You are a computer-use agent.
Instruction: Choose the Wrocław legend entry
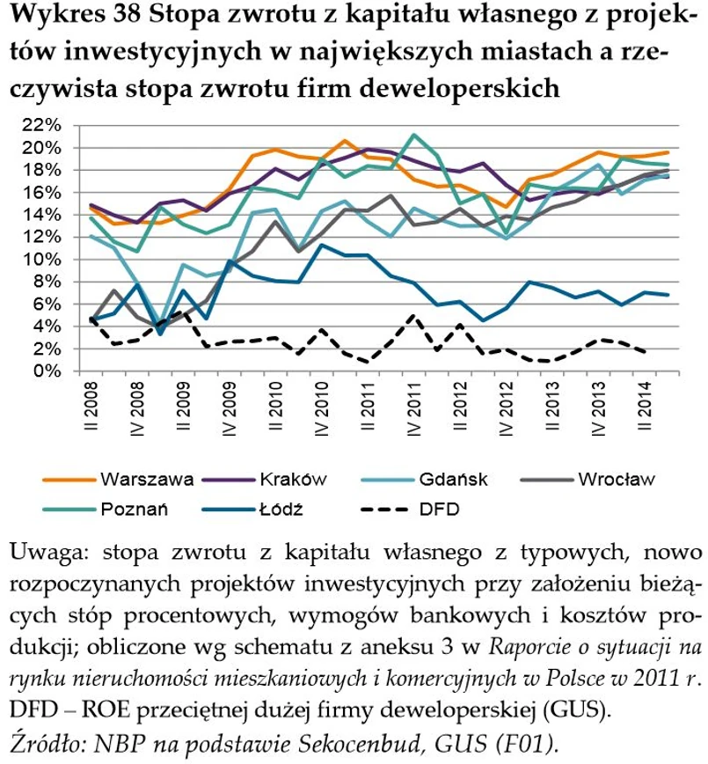coord(616,480)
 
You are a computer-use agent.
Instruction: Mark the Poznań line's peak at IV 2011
coord(412,136)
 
